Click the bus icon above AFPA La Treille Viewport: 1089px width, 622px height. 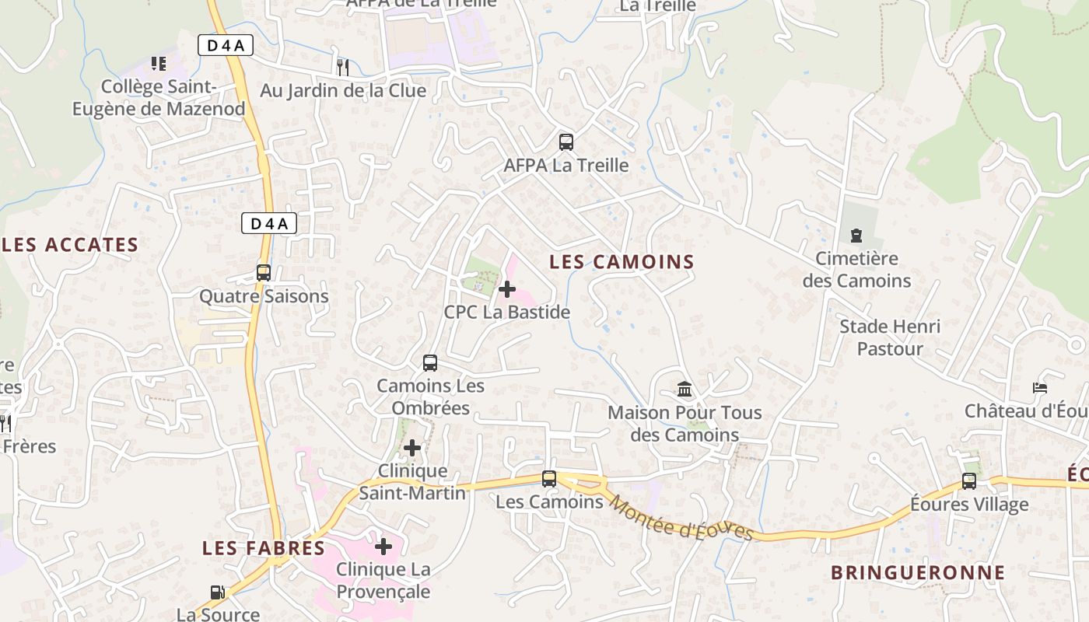tap(566, 142)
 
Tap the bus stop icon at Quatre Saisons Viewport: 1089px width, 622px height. tap(264, 273)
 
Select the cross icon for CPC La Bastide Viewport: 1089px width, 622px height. tap(506, 289)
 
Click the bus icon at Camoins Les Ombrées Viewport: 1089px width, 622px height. tap(429, 362)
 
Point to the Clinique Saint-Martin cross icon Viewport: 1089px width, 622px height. tap(412, 448)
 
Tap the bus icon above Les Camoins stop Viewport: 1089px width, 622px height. tap(549, 479)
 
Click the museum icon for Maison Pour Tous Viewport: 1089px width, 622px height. tap(685, 389)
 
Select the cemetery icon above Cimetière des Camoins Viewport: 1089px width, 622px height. tap(856, 235)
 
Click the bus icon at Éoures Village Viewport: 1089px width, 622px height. tap(968, 481)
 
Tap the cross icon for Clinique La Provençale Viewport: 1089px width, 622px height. tap(383, 547)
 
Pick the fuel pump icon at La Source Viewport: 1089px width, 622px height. tap(218, 592)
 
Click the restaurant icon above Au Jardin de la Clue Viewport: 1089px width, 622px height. tap(342, 67)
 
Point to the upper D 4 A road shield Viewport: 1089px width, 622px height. tap(225, 45)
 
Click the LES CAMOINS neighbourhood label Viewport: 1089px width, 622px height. tap(622, 262)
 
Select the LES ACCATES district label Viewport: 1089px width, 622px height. tap(70, 245)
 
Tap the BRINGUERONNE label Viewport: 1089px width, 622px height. tap(918, 573)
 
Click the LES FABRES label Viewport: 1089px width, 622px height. tap(264, 548)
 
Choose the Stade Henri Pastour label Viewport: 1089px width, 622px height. tap(890, 337)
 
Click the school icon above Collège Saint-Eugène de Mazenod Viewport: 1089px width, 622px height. tap(159, 64)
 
